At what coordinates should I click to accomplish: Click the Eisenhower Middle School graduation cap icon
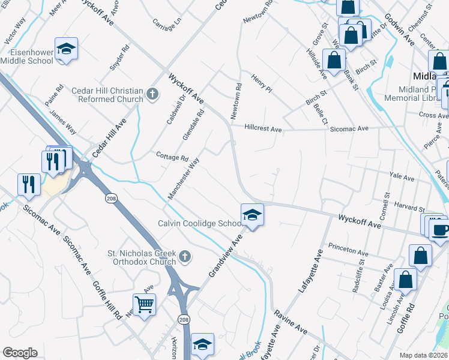[x=67, y=50]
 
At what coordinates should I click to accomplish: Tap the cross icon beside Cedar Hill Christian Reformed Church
[x=153, y=94]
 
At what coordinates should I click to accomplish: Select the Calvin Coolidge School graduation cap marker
[x=252, y=215]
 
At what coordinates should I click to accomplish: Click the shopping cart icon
[x=145, y=305]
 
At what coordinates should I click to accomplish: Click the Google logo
[x=20, y=353]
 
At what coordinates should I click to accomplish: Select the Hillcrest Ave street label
[x=263, y=128]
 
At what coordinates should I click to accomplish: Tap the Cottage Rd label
[x=172, y=157]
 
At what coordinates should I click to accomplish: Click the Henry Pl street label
[x=262, y=83]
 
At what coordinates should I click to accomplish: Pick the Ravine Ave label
[x=291, y=322]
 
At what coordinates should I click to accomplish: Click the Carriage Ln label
[x=166, y=24]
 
